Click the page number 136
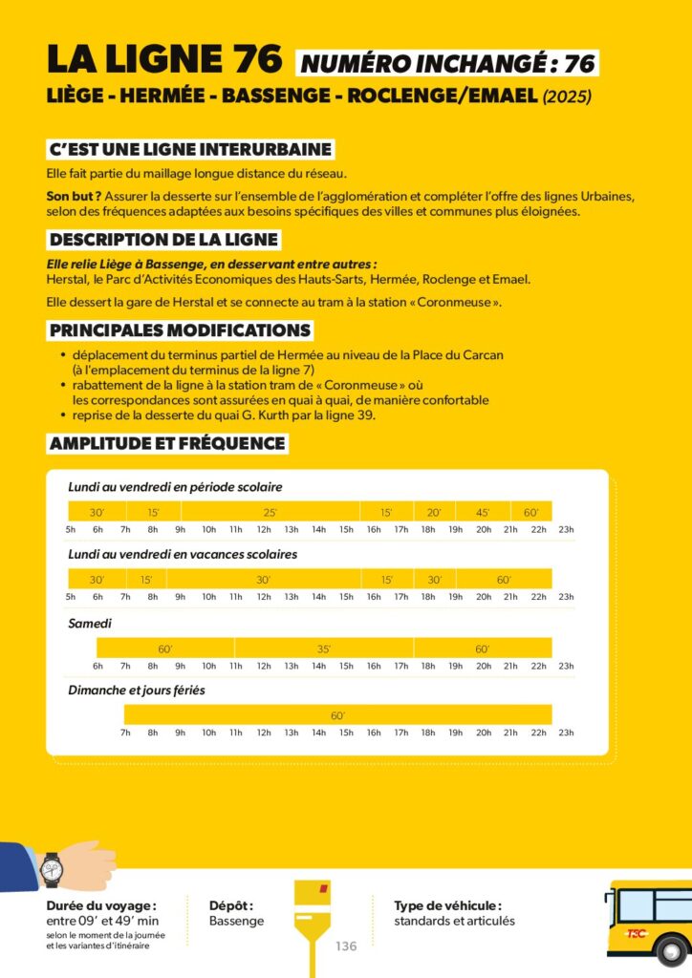(346, 946)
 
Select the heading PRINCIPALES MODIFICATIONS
(181, 330)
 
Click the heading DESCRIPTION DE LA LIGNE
(164, 240)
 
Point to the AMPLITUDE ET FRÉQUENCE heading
(167, 443)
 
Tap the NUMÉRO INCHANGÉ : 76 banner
(448, 64)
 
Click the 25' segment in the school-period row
(270, 513)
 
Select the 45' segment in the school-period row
(483, 513)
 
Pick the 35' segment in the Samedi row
(324, 649)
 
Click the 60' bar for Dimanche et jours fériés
(337, 715)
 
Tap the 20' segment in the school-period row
(434, 513)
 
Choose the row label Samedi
(90, 623)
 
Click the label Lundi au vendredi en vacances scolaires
(183, 554)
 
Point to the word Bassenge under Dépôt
(237, 921)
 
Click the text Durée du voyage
(100, 905)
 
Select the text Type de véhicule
(447, 905)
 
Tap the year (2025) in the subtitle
(568, 96)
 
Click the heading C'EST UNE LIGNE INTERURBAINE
(190, 150)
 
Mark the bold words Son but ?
(67, 196)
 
